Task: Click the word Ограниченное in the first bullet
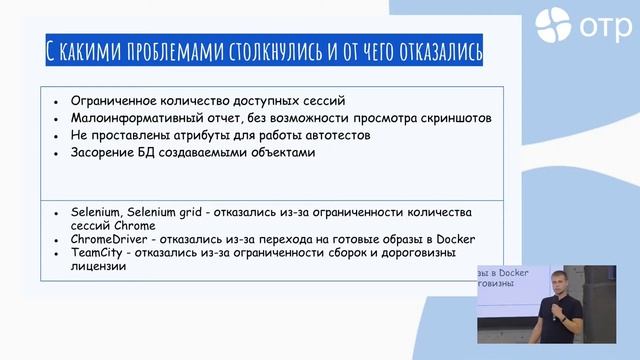tap(115, 102)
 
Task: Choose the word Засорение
tap(104, 153)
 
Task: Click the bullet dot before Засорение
tap(58, 154)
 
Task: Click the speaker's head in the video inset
tap(555, 280)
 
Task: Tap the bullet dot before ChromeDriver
tap(58, 240)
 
